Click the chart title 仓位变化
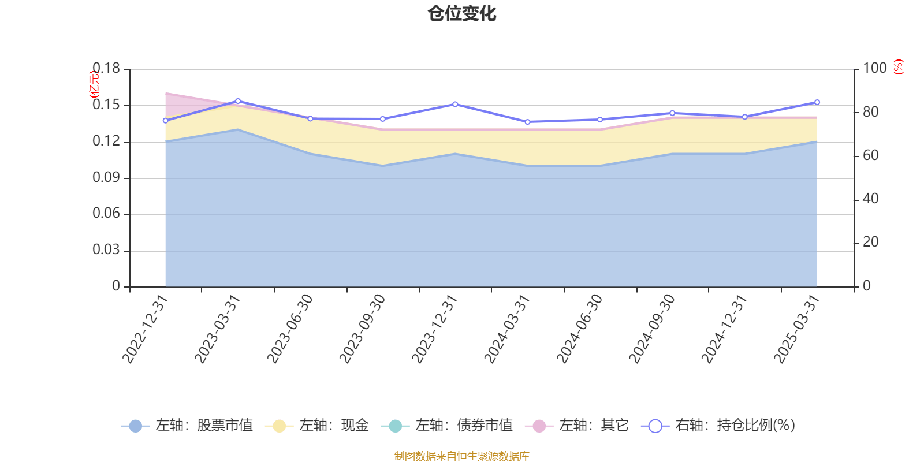click(x=462, y=14)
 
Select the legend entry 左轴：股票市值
click(x=187, y=426)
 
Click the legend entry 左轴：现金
click(x=317, y=426)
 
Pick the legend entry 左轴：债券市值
click(x=447, y=426)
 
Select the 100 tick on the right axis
click(x=874, y=68)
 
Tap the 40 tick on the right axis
click(x=870, y=199)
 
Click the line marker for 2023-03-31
click(x=238, y=101)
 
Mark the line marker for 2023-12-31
click(x=455, y=105)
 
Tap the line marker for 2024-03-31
click(x=527, y=122)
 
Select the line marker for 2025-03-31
click(x=817, y=102)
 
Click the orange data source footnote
click(x=461, y=456)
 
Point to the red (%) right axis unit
click(x=898, y=67)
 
